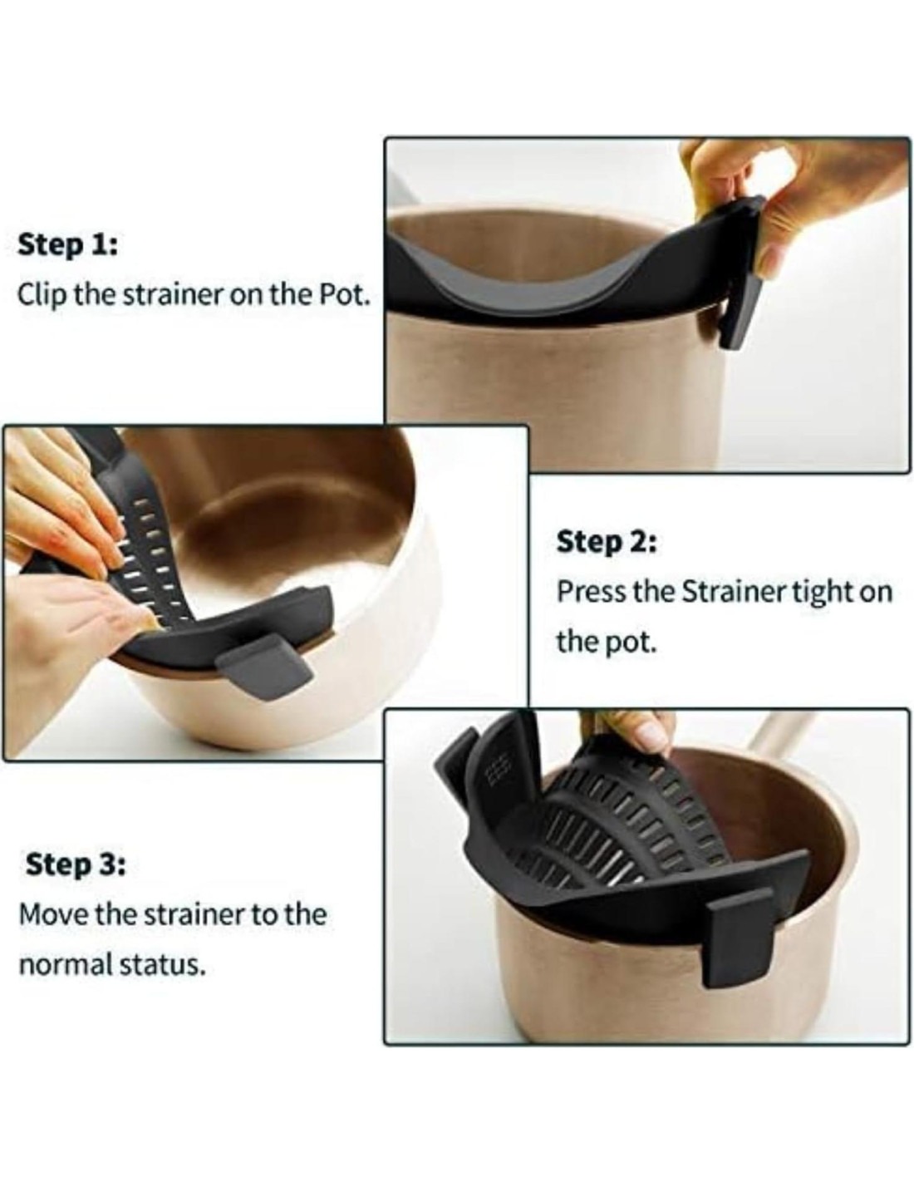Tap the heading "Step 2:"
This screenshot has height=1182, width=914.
click(x=607, y=542)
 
